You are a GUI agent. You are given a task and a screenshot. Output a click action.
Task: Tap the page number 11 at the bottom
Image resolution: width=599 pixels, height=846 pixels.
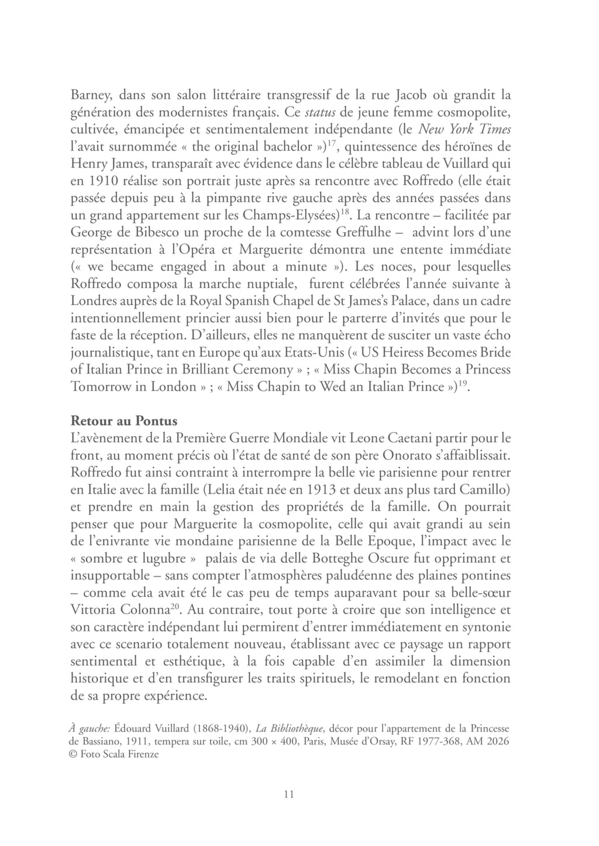[x=288, y=794]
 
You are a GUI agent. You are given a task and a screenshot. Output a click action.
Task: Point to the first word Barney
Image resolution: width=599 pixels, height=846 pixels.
[x=89, y=94]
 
